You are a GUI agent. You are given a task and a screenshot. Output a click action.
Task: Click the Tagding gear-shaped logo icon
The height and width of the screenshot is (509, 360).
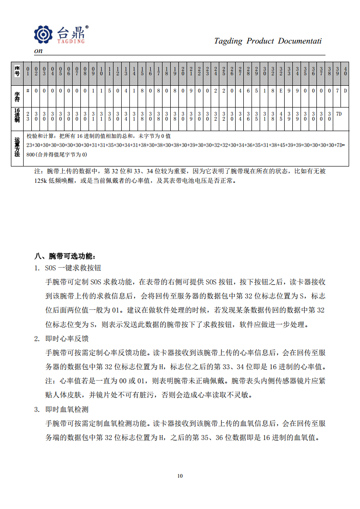tap(44, 34)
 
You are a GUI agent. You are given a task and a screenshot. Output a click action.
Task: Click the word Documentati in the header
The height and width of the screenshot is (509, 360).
tap(300, 41)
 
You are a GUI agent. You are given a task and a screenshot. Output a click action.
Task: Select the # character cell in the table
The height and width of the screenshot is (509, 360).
tap(28, 90)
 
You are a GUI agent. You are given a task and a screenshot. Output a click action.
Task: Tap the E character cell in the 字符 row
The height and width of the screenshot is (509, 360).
tap(281, 90)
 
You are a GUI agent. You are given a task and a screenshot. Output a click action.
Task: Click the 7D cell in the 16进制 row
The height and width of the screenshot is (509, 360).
tap(338, 113)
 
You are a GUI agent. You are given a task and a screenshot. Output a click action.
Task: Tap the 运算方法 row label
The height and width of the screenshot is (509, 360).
tap(17, 147)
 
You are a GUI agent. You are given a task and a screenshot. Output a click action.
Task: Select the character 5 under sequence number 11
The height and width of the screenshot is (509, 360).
tap(109, 90)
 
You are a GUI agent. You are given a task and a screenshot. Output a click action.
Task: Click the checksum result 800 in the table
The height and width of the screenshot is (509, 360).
tap(30, 155)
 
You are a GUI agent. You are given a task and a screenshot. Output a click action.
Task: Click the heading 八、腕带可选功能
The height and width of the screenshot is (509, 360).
tap(65, 255)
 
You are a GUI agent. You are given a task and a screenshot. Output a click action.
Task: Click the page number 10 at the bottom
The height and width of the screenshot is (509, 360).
tap(180, 476)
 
